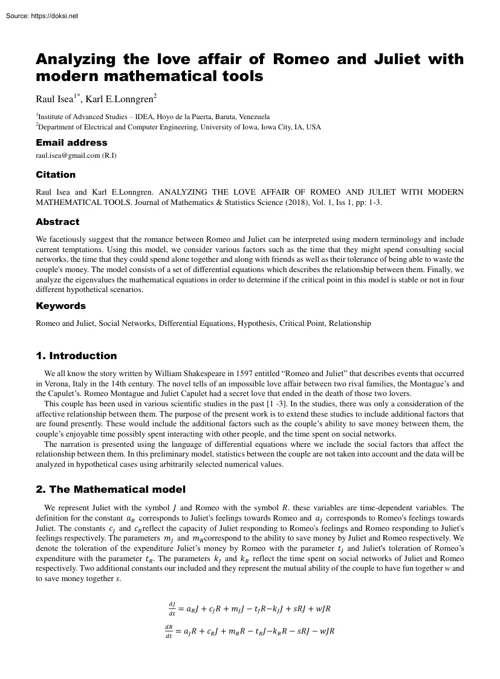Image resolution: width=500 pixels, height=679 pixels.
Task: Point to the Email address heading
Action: [x=71, y=143]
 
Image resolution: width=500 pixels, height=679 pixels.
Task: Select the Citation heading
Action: [x=56, y=175]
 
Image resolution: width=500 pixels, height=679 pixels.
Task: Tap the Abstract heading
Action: [x=57, y=222]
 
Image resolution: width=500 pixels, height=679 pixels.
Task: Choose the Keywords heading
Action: [x=60, y=306]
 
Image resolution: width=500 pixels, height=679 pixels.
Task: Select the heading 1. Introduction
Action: [x=76, y=356]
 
